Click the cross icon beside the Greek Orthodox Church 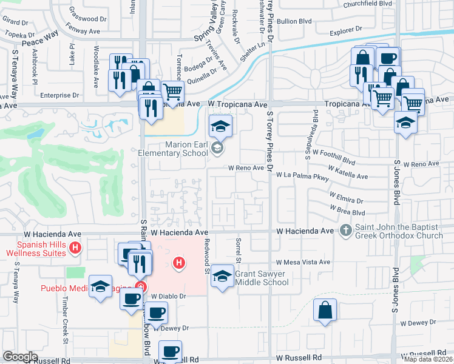[345, 231]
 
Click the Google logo [20, 357]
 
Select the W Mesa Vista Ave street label [303, 263]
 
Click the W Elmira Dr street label [346, 198]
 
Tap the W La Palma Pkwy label [302, 176]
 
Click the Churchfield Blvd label [368, 4]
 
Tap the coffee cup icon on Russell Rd [170, 351]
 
